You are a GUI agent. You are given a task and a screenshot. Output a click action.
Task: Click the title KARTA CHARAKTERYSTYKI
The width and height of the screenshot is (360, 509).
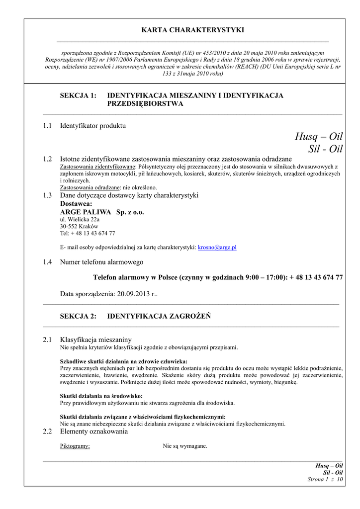coord(192,30)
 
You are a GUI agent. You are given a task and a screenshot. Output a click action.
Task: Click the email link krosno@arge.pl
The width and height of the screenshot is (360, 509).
coord(217,247)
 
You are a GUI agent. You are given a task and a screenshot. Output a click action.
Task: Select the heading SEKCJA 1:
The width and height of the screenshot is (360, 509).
coord(78,95)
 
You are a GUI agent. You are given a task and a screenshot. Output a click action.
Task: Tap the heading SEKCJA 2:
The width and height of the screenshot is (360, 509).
coord(78,316)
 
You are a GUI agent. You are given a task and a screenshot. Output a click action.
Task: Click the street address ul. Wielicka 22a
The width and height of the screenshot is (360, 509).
coord(80,219)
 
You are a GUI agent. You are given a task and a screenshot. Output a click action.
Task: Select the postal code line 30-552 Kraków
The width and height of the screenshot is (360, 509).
coord(79,226)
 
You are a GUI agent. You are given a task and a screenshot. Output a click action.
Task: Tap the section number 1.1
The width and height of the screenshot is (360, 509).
coord(48,126)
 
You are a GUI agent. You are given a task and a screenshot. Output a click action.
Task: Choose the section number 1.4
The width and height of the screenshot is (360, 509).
coord(48,262)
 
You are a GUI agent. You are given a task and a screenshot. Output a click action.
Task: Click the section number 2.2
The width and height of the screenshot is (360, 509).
coord(48,431)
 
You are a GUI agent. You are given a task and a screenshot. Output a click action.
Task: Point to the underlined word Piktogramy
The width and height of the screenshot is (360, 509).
coord(75,446)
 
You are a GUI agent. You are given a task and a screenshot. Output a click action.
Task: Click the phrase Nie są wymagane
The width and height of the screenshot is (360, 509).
coord(185,446)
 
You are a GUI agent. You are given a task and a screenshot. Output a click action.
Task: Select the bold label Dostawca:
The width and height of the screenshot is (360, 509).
coord(76,204)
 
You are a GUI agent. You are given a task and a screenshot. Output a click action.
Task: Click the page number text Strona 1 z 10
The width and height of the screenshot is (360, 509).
coord(325,479)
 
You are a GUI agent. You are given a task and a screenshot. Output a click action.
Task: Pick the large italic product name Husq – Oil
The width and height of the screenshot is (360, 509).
coord(318,137)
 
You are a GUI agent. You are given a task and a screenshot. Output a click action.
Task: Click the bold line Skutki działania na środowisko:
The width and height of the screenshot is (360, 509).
coord(101,396)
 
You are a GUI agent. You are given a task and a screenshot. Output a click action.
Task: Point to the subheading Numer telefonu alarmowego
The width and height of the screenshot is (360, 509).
coord(101,262)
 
